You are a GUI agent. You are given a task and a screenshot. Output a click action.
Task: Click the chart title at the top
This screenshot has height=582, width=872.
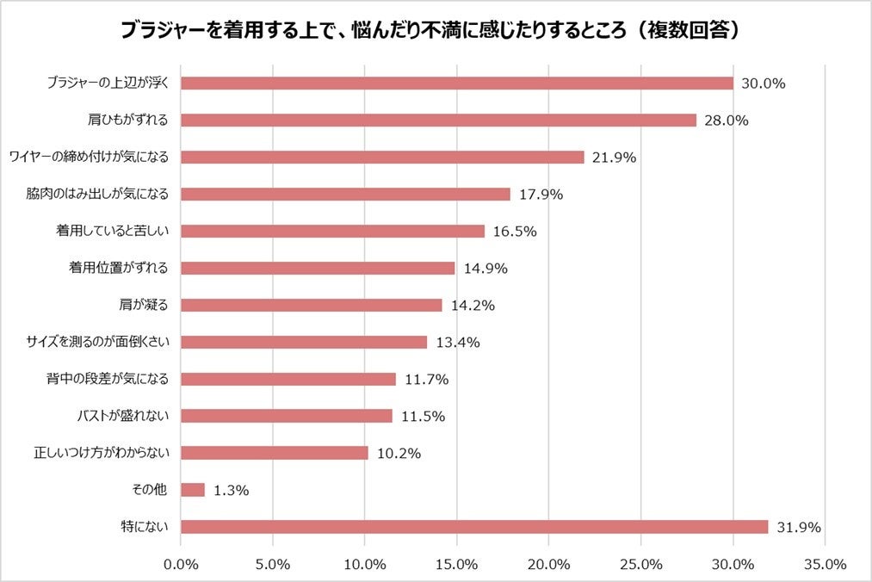436,30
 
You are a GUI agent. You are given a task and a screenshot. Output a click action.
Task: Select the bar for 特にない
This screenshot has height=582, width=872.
473,527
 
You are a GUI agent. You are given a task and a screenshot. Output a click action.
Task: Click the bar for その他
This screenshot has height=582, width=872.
193,490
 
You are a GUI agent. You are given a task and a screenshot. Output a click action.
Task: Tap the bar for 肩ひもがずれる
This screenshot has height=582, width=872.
438,121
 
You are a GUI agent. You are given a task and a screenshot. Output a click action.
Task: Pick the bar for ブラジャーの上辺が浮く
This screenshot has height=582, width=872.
456,84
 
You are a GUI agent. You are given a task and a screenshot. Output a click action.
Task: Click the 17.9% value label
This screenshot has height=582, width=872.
541,195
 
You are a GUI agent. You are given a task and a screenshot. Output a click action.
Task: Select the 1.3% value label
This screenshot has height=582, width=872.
231,490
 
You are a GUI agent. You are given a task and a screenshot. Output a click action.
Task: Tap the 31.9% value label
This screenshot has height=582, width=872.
799,527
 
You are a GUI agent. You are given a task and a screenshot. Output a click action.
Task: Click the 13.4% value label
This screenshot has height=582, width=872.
458,343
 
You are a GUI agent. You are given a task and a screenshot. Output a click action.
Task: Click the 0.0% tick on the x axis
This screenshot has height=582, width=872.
181,564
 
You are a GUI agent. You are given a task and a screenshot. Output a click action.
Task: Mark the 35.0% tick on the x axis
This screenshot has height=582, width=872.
825,564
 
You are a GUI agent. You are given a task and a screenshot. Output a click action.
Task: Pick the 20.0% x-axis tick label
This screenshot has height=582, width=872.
549,564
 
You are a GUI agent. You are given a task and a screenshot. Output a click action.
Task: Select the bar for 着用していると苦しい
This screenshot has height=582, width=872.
332,232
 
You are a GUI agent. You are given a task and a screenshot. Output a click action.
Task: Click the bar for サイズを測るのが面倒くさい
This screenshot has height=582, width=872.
304,343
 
